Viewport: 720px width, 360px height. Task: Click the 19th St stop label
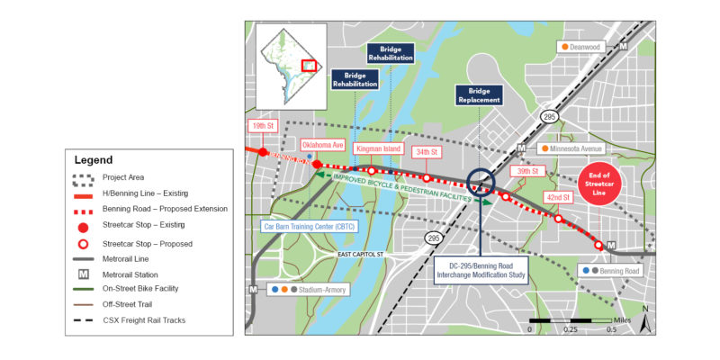(x=262, y=128)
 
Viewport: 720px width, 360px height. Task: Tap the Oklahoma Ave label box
(x=322, y=143)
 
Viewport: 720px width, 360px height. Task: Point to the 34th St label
(x=427, y=151)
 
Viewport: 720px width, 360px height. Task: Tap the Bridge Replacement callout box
(x=479, y=95)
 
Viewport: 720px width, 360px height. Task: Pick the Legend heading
(x=94, y=159)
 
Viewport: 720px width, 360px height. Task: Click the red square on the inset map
(x=309, y=67)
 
